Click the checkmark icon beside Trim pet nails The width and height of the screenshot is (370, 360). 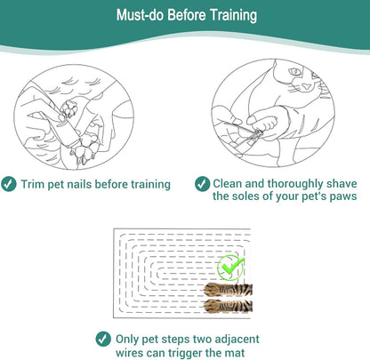click(9, 184)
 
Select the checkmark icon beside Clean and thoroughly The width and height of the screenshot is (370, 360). click(203, 184)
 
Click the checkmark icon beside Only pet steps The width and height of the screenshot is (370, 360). click(103, 339)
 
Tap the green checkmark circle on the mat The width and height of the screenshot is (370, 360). click(230, 268)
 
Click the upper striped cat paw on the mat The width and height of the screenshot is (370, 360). click(228, 290)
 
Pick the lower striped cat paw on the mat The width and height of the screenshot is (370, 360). click(228, 306)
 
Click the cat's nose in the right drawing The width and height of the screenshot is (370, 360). click(306, 86)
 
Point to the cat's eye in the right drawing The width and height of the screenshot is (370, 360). click(294, 72)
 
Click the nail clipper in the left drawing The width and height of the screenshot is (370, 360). click(67, 131)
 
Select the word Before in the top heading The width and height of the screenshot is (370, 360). click(187, 15)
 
